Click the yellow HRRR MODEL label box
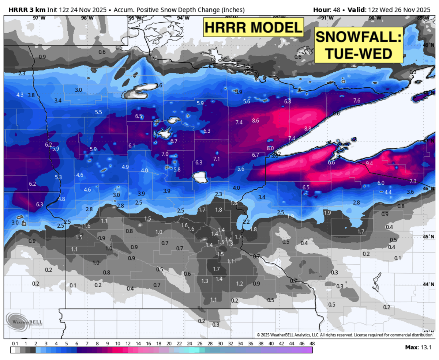coord(254,27)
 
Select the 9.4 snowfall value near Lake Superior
coord(369,163)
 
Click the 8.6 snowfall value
coord(256,121)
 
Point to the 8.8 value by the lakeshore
coord(308,129)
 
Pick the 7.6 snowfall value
coord(357,101)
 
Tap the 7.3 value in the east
coord(413,181)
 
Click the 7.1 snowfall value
coord(217,159)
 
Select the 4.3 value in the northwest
coord(20,95)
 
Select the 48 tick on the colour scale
coord(312,344)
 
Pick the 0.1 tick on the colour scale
coord(15,344)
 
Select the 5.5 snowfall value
coord(98,112)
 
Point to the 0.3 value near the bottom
coord(216,325)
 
